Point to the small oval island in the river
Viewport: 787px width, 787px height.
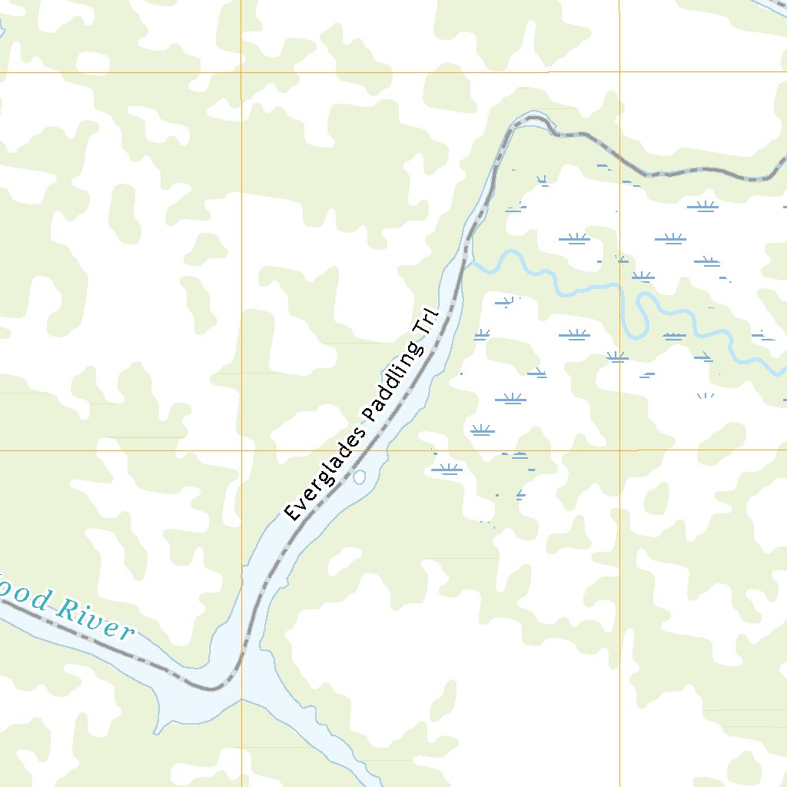359,477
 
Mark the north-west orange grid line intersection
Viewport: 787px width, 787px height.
241,72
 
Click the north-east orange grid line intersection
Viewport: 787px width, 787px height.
619,72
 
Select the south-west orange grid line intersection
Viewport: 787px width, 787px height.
241,450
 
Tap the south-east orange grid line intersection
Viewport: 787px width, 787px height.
619,450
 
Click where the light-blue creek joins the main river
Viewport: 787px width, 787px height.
466,262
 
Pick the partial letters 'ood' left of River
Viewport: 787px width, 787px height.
27,597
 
